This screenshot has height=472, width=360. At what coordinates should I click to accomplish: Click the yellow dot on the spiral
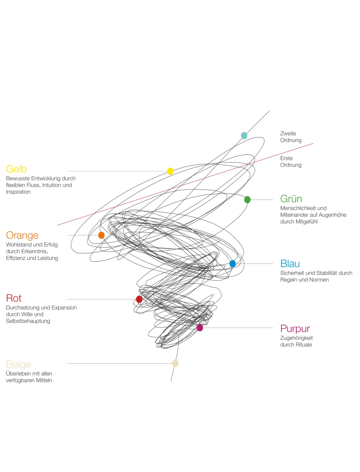[x=170, y=171]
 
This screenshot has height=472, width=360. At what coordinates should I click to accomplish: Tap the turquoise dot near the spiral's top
[x=244, y=136]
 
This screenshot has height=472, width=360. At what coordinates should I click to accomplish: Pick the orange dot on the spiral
[x=101, y=235]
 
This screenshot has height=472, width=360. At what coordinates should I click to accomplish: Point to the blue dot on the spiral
[x=232, y=264]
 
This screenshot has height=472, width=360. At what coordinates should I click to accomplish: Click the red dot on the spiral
[x=139, y=299]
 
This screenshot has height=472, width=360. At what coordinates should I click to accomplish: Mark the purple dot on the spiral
[x=200, y=328]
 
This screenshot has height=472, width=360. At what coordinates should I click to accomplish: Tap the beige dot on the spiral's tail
[x=175, y=364]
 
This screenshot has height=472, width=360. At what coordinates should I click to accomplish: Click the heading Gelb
[x=16, y=169]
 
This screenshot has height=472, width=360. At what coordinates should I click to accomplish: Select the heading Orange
[x=22, y=236]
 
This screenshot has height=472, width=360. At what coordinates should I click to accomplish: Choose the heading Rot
[x=14, y=298]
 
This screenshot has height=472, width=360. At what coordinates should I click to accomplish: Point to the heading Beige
[x=19, y=365]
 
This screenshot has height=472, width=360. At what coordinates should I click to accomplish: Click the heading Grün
[x=291, y=199]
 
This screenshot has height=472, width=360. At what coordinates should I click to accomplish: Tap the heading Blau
[x=290, y=264]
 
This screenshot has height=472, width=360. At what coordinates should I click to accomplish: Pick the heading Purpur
[x=295, y=329]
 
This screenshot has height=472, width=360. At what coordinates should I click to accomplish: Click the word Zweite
[x=288, y=134]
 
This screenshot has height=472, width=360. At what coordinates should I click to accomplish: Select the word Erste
[x=286, y=158]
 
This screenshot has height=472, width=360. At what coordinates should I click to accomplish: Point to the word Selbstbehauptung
[x=28, y=321]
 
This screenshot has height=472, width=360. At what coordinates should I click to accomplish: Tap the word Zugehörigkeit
[x=296, y=338]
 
